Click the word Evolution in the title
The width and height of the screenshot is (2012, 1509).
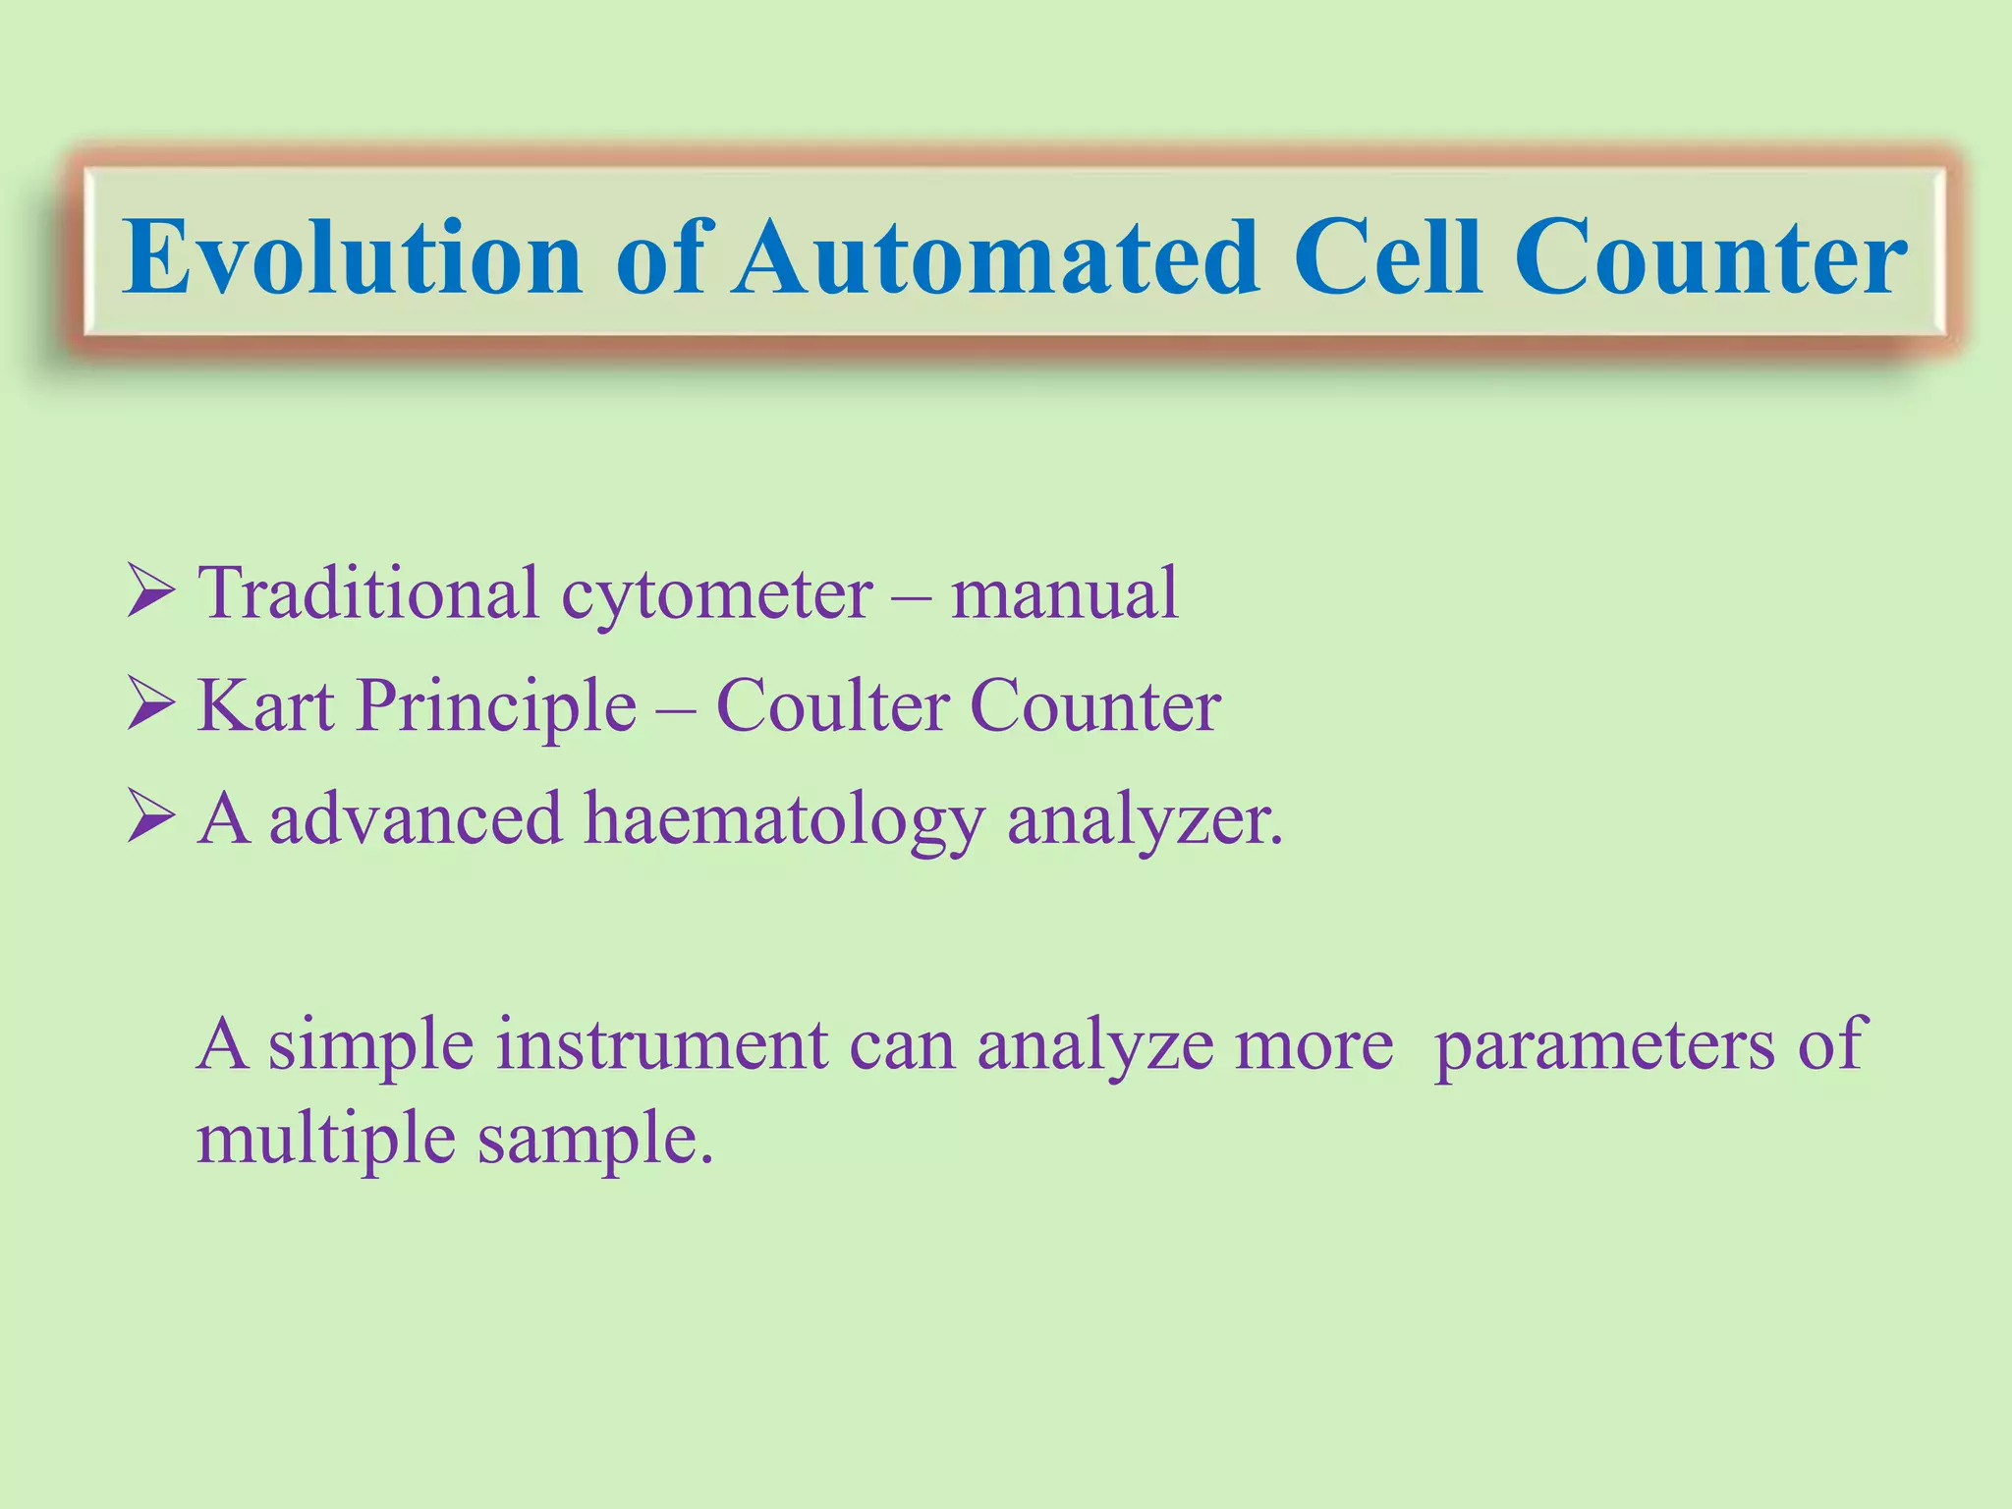(x=352, y=257)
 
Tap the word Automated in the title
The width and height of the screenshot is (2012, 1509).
(x=996, y=257)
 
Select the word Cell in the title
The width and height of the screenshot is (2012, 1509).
(x=1387, y=257)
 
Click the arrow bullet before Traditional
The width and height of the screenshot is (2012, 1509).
(x=151, y=592)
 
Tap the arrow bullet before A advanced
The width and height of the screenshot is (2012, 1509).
(x=151, y=818)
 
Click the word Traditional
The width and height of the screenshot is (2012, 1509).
(x=368, y=594)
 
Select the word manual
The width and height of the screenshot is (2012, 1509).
(x=1064, y=594)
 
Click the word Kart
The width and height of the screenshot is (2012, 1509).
(x=265, y=706)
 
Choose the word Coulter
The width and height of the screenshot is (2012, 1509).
(x=832, y=706)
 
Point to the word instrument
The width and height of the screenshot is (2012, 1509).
(x=661, y=1045)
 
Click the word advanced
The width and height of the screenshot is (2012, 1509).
(x=415, y=819)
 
